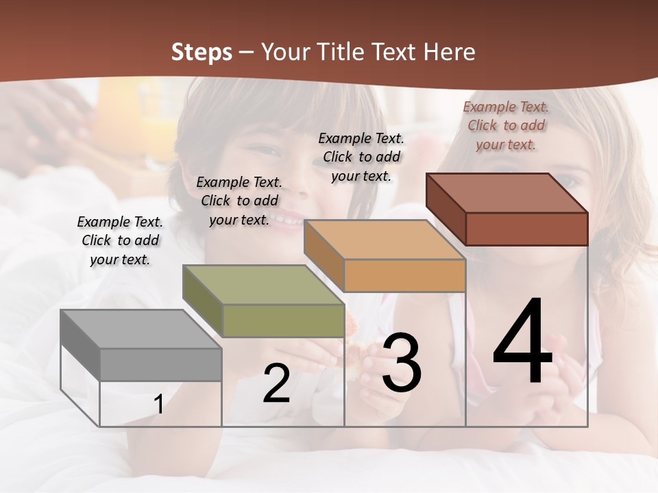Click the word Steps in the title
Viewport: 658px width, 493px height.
coord(202,52)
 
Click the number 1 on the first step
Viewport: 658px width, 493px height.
coord(158,405)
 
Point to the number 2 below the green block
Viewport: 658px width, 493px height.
coord(276,384)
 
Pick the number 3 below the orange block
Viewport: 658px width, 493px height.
coord(402,363)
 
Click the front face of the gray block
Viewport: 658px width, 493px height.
coord(160,364)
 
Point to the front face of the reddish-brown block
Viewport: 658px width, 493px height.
coord(526,229)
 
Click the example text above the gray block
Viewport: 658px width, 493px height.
coord(120,241)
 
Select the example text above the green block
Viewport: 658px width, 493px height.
coord(239,201)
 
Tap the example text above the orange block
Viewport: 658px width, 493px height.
coord(361,157)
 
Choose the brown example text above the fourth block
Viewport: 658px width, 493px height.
coord(506,125)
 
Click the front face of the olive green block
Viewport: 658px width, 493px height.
coord(283,320)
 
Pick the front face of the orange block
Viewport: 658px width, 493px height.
coord(404,275)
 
